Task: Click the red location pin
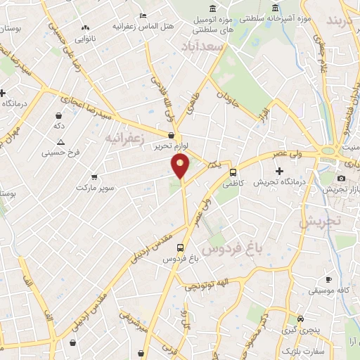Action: [181, 166]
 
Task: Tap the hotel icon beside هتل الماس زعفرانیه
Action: [143, 15]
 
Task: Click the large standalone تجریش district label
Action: [320, 221]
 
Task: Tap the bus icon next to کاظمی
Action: [233, 172]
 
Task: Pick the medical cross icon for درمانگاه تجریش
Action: [279, 171]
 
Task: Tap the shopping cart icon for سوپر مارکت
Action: [94, 177]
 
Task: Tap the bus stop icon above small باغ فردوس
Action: [181, 247]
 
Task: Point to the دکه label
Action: [60, 125]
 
